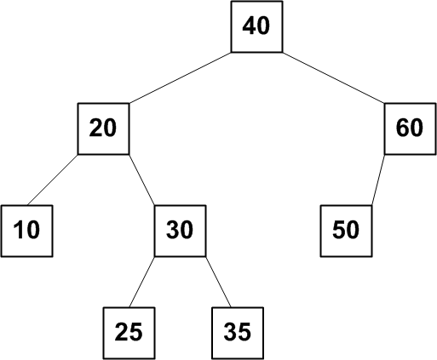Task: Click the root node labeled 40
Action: (256, 26)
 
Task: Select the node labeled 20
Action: (103, 129)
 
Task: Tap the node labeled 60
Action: (410, 129)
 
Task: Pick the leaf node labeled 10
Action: (27, 231)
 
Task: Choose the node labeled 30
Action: (180, 231)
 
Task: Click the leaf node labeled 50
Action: (346, 231)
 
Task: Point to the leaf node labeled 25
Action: (129, 333)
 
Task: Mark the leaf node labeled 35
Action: (238, 333)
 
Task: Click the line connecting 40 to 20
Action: (181, 77)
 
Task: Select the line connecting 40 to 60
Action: (334, 77)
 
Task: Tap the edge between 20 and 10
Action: (53, 180)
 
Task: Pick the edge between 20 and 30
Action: (142, 180)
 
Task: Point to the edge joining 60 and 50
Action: (378, 180)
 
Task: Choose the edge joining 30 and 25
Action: (142, 282)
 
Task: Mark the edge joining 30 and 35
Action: (218, 282)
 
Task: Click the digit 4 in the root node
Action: (249, 26)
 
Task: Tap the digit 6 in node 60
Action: (403, 128)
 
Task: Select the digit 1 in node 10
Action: (19, 230)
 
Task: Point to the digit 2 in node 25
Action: (122, 331)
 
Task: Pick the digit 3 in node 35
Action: (230, 332)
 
